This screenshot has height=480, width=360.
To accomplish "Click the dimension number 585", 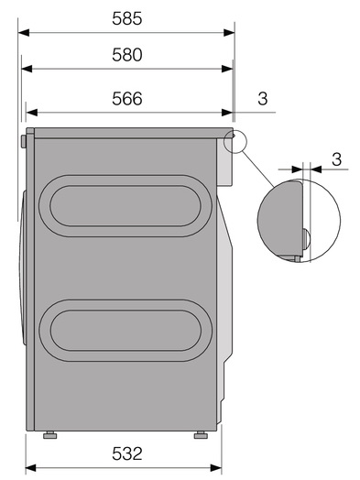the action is (127, 18).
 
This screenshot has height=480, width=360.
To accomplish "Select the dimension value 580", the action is (127, 55).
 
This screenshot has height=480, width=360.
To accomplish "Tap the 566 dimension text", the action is (127, 99).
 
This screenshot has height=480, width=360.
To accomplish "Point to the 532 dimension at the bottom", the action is (127, 453).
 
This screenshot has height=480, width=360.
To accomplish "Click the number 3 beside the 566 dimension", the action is (263, 99).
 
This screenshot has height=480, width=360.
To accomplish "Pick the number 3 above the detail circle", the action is (336, 159).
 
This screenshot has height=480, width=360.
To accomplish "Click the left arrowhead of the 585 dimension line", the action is (24, 32).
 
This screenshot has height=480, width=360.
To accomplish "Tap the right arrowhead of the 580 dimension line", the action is (227, 69).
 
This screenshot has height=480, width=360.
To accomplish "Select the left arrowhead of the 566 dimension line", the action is (31, 113).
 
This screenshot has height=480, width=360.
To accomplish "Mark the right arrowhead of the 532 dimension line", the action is (216, 468).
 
